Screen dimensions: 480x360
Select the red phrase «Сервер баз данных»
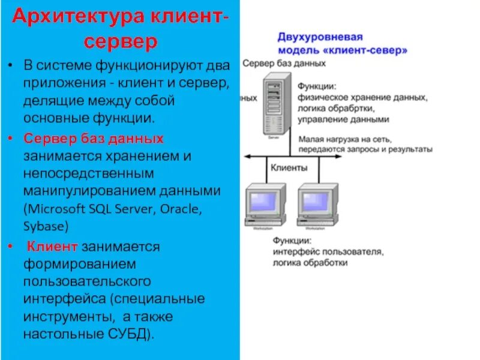pos(94,139)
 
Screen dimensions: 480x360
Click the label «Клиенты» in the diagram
pos(290,167)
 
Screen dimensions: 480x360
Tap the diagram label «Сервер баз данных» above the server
pos(284,63)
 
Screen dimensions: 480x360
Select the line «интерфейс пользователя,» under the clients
pos(328,252)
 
